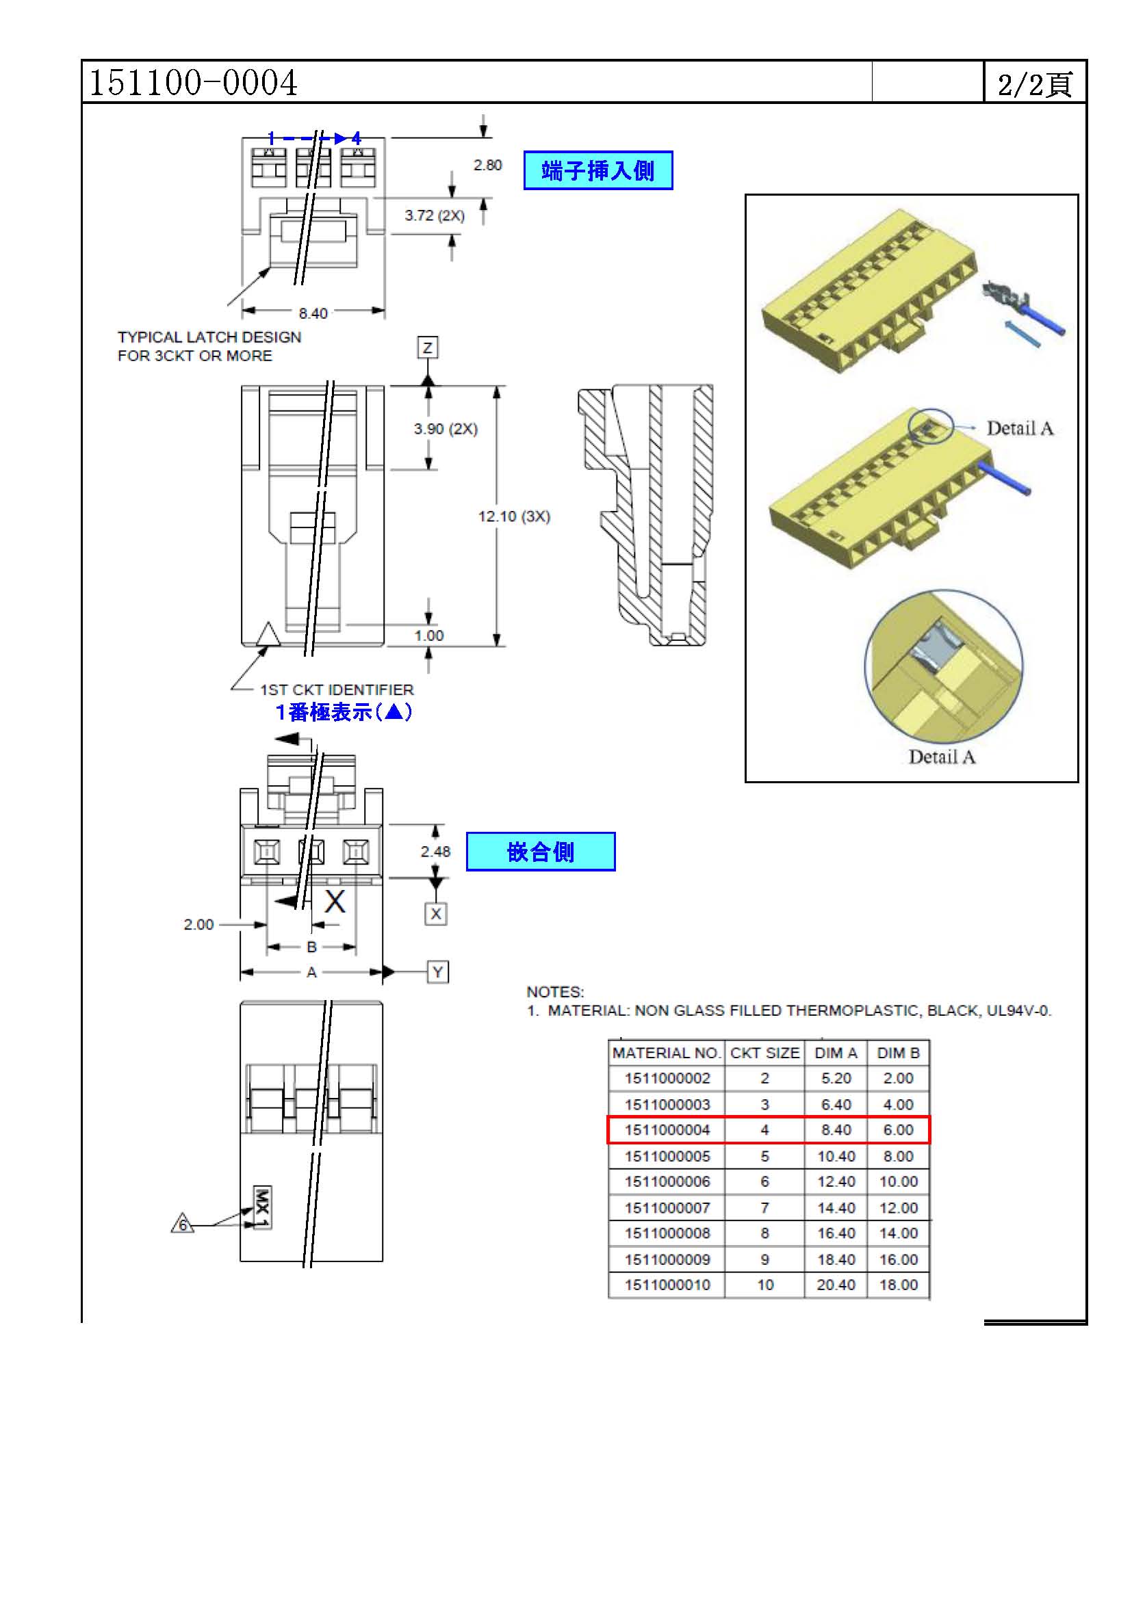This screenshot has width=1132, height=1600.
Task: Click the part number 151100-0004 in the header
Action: (x=194, y=82)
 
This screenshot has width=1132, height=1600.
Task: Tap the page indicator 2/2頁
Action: (x=1034, y=84)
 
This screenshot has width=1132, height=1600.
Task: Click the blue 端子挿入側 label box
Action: (x=598, y=170)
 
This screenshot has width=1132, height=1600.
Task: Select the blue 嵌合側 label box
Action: (x=540, y=851)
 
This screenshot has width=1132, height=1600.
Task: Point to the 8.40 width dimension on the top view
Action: (x=313, y=313)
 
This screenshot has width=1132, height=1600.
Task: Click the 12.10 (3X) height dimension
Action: (x=514, y=516)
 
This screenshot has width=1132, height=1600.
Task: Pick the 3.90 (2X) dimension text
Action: (x=446, y=429)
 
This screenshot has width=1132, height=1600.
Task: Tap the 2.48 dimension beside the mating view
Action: (x=435, y=851)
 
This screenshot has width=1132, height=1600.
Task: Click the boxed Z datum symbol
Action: (x=427, y=347)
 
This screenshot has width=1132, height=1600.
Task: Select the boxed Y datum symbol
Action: (x=437, y=971)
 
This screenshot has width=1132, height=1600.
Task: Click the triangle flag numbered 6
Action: (x=183, y=1224)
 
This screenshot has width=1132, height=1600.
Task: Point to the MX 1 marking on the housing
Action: (x=262, y=1207)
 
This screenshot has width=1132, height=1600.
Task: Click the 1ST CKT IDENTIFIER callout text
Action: (x=337, y=690)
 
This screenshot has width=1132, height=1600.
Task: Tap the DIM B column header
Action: (x=898, y=1053)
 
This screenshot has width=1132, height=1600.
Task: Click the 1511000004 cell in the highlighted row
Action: (x=667, y=1129)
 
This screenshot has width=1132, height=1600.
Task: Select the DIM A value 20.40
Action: (x=836, y=1285)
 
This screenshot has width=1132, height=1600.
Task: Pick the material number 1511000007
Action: (x=667, y=1207)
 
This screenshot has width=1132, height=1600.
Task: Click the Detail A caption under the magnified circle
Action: (x=942, y=757)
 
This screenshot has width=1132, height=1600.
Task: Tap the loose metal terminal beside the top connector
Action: (x=1005, y=295)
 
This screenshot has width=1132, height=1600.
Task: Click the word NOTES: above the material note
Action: (x=555, y=992)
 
